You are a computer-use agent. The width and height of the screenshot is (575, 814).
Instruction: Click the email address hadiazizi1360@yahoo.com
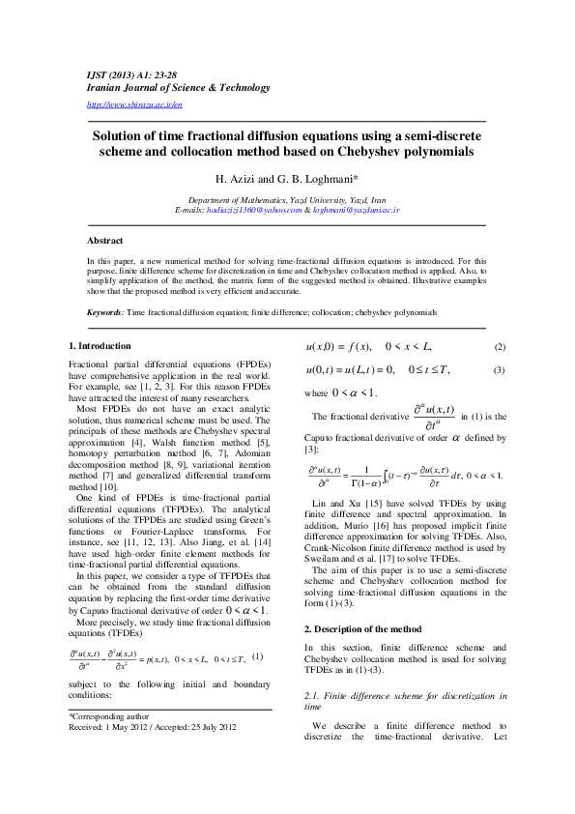click(x=252, y=209)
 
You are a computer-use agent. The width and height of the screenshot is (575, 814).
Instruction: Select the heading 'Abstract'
click(x=105, y=240)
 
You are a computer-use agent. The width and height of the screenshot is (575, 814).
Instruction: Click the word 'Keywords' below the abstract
click(x=105, y=313)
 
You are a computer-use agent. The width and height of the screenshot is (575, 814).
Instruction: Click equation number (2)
click(x=500, y=346)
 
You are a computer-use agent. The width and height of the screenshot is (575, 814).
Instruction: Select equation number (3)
click(x=500, y=370)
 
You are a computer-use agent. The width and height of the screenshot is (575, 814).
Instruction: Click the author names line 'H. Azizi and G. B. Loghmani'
click(x=287, y=180)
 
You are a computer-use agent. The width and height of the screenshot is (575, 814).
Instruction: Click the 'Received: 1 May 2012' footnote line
click(x=153, y=726)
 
